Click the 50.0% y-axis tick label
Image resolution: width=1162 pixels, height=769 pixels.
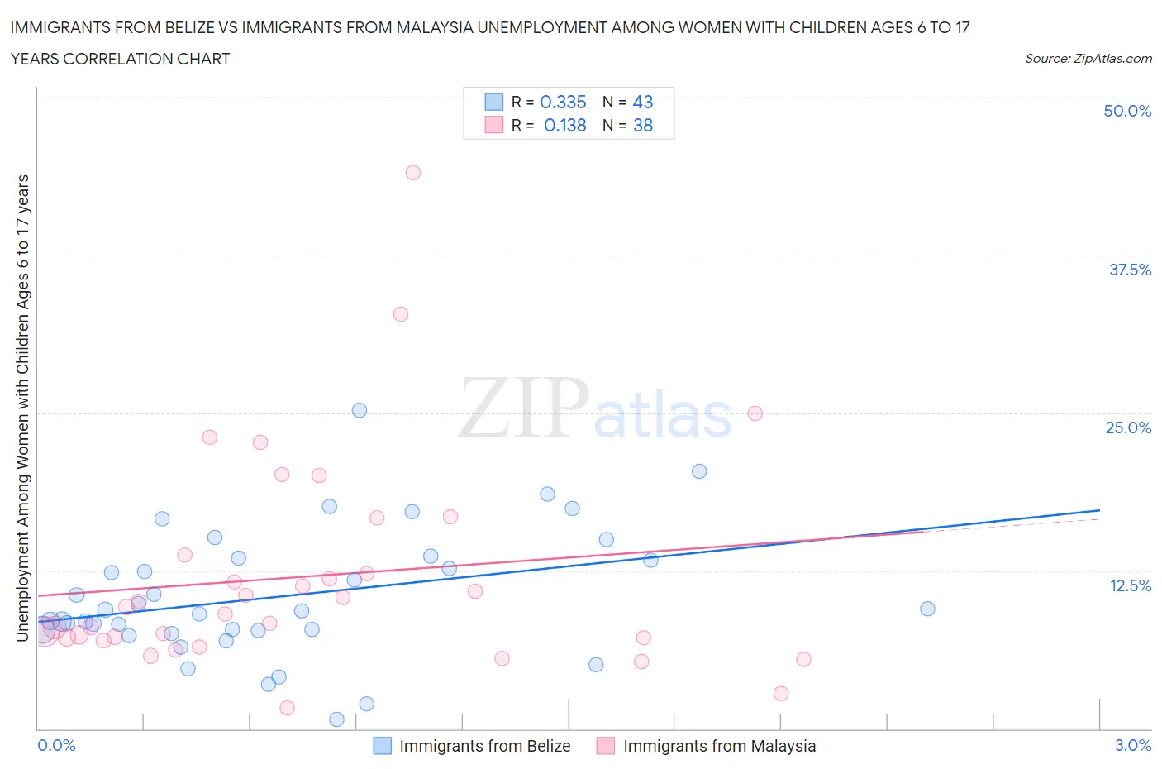[x=1126, y=111]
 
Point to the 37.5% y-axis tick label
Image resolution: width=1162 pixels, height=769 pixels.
[x=1129, y=270]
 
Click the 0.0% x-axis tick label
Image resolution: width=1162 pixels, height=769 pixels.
[x=57, y=745]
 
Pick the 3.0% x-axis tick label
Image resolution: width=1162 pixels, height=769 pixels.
[x=1132, y=745]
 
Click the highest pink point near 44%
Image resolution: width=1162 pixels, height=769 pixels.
[x=413, y=173]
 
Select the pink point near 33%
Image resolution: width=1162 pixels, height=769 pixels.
[x=401, y=314]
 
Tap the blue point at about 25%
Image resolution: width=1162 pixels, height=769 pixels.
[x=360, y=410]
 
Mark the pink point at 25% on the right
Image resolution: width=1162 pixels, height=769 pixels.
[x=755, y=413]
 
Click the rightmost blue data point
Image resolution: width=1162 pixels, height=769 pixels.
[x=927, y=609]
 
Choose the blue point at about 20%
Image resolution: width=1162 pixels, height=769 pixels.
[x=699, y=471]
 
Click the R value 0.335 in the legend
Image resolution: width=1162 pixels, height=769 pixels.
[x=563, y=102]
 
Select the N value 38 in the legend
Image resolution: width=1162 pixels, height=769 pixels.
[x=642, y=125]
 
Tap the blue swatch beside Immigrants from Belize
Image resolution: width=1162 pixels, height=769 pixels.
[x=383, y=746]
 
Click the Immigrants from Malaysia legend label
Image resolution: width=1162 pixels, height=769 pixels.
[x=719, y=746]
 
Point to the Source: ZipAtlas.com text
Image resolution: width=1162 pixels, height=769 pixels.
[x=1088, y=59]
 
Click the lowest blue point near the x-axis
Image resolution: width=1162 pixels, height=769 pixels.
[x=336, y=719]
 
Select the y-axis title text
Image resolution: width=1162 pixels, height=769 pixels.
[x=23, y=408]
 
